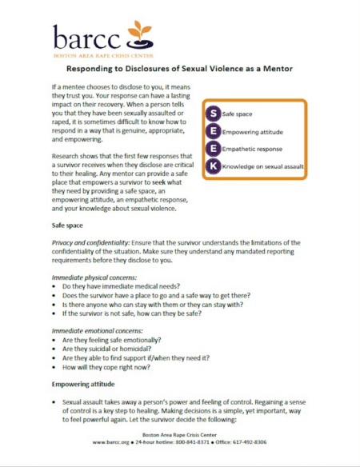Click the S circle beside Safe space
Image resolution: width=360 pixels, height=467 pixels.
[213, 114]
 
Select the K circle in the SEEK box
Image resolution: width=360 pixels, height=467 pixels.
[213, 166]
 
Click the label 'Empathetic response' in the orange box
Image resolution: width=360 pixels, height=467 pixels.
[252, 149]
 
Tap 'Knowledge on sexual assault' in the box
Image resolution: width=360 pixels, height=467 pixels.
[262, 166]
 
